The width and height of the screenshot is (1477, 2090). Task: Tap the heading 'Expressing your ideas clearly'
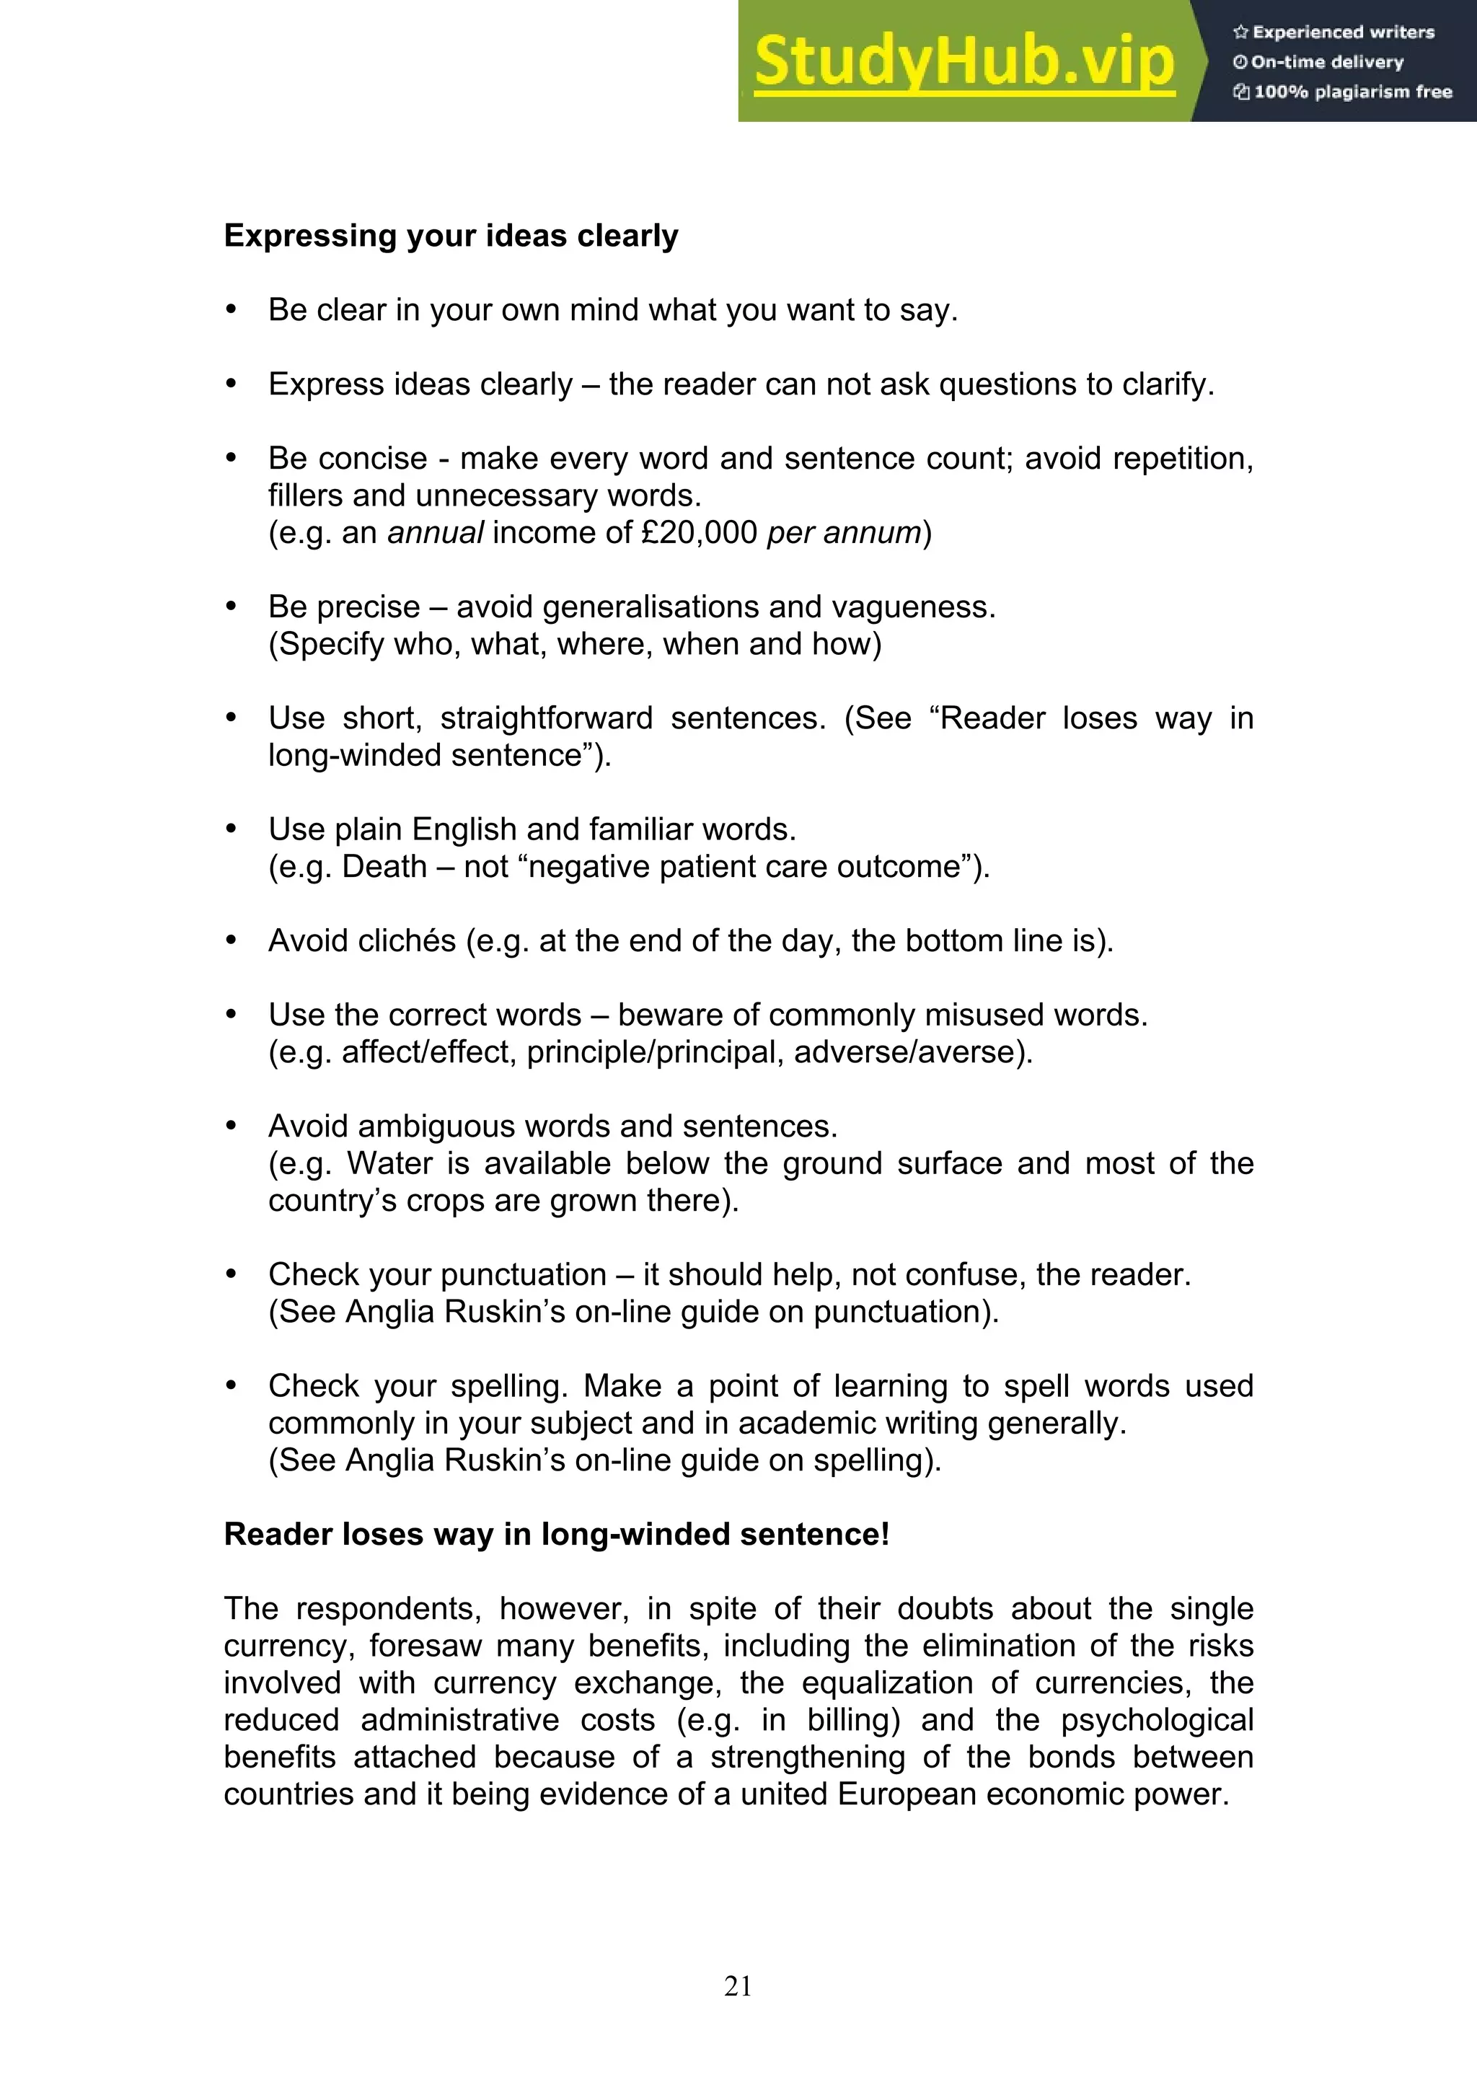coord(451,236)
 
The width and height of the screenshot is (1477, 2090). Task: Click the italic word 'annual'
coord(435,532)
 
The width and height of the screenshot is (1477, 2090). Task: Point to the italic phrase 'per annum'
coord(844,532)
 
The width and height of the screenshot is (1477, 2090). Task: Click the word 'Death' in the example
coord(384,867)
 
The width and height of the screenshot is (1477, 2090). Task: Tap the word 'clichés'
coord(407,940)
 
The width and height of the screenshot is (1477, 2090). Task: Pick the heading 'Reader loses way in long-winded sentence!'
coord(556,1535)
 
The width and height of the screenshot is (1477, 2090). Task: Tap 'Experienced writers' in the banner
coord(1342,32)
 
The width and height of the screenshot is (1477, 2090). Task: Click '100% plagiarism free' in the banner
coord(1352,92)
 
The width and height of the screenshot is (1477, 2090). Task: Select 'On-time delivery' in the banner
coord(1327,63)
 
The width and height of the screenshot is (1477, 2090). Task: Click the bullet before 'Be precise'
coord(232,607)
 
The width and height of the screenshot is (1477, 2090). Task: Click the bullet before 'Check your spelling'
coord(232,1385)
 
